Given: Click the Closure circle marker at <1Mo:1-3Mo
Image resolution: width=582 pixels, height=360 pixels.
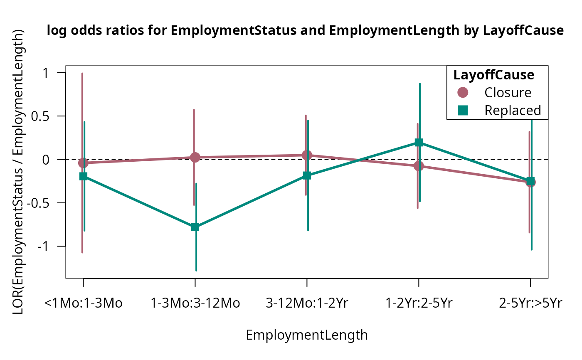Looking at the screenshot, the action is click(83, 163).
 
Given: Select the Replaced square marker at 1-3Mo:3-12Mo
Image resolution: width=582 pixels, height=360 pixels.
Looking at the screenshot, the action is click(195, 227).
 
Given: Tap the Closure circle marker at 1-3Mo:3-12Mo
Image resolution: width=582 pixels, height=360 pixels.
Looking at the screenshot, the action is click(195, 157).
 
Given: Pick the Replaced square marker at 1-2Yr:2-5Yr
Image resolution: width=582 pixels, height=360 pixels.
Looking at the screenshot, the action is click(419, 142).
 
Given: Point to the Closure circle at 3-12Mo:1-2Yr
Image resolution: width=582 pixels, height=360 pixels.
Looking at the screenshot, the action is click(307, 155).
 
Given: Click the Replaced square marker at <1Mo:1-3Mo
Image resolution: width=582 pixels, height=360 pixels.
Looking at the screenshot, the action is click(83, 176).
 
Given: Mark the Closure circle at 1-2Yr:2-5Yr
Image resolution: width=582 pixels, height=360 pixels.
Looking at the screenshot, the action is click(419, 166).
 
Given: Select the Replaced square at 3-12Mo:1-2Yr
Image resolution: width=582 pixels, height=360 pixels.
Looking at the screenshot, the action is click(307, 175).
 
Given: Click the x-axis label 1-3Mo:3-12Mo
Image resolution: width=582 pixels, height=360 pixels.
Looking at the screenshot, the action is click(195, 303).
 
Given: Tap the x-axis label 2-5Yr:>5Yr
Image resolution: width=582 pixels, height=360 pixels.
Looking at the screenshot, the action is click(530, 303).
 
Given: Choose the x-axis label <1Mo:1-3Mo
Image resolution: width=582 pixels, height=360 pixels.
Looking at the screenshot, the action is click(83, 303).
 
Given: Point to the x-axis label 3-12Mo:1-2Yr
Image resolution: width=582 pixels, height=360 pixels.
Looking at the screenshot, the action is click(307, 303).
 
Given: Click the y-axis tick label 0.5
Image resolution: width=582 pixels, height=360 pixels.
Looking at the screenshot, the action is click(40, 116).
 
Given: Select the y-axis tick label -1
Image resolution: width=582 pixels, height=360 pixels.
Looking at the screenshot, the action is click(43, 246).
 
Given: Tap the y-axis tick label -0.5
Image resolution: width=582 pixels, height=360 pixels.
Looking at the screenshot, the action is click(38, 203).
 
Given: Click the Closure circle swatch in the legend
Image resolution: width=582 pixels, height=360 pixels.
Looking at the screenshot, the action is click(463, 92).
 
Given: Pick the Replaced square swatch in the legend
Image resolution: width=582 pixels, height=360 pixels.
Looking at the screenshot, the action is click(463, 110).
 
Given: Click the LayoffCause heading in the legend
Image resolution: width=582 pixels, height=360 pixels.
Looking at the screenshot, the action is click(494, 75).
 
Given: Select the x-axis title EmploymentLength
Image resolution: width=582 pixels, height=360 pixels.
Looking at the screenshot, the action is click(307, 335).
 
